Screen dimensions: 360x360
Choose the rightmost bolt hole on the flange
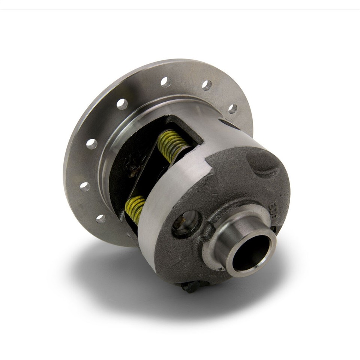click(232, 109)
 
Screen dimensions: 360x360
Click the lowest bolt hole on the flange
click(100, 219)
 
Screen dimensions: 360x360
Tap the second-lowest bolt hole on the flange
click(85, 186)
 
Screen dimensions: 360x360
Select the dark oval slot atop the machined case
click(229, 124)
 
